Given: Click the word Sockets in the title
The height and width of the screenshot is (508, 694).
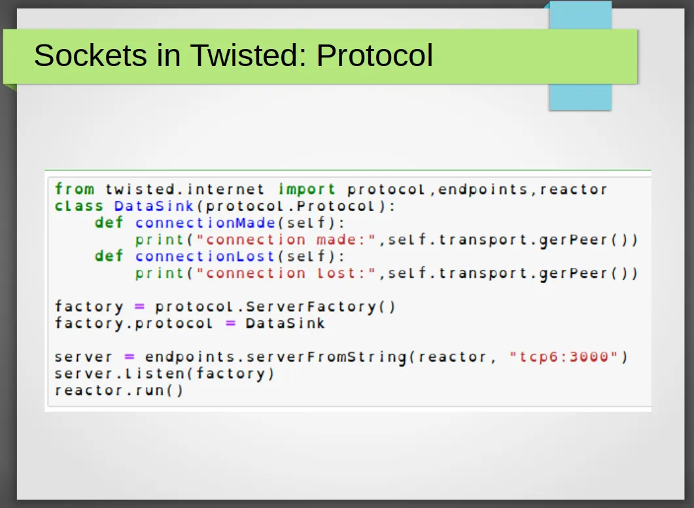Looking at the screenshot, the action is point(90,56).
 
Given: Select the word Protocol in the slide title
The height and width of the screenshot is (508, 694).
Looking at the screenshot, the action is point(374,56).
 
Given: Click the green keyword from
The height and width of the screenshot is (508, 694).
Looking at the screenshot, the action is point(75,190).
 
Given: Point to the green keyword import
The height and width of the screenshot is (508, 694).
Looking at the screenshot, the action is point(307,190).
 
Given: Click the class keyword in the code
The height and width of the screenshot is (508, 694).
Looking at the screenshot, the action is point(78,206).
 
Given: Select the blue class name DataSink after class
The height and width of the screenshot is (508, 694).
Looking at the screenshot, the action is point(154,206).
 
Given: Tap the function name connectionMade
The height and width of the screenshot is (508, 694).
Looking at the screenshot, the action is point(206,222).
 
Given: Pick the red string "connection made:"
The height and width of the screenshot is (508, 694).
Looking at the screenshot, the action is point(286,240).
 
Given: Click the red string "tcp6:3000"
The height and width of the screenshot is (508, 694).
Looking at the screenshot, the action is point(563,357).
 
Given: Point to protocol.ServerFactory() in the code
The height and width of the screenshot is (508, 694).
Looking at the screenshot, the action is point(275,307).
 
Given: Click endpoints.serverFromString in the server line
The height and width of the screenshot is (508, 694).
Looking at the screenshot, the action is point(276,357).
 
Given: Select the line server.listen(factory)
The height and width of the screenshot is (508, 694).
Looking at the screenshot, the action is point(165,373).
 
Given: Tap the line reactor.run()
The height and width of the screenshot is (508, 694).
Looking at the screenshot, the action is point(118,390).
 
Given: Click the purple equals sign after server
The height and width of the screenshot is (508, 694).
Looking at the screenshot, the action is point(130,357).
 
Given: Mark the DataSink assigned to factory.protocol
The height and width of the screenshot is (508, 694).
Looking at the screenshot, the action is point(285,324).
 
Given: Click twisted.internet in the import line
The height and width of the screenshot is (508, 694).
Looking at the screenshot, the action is point(185,190).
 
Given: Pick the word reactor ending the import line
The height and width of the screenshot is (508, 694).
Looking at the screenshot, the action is point(573,190).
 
